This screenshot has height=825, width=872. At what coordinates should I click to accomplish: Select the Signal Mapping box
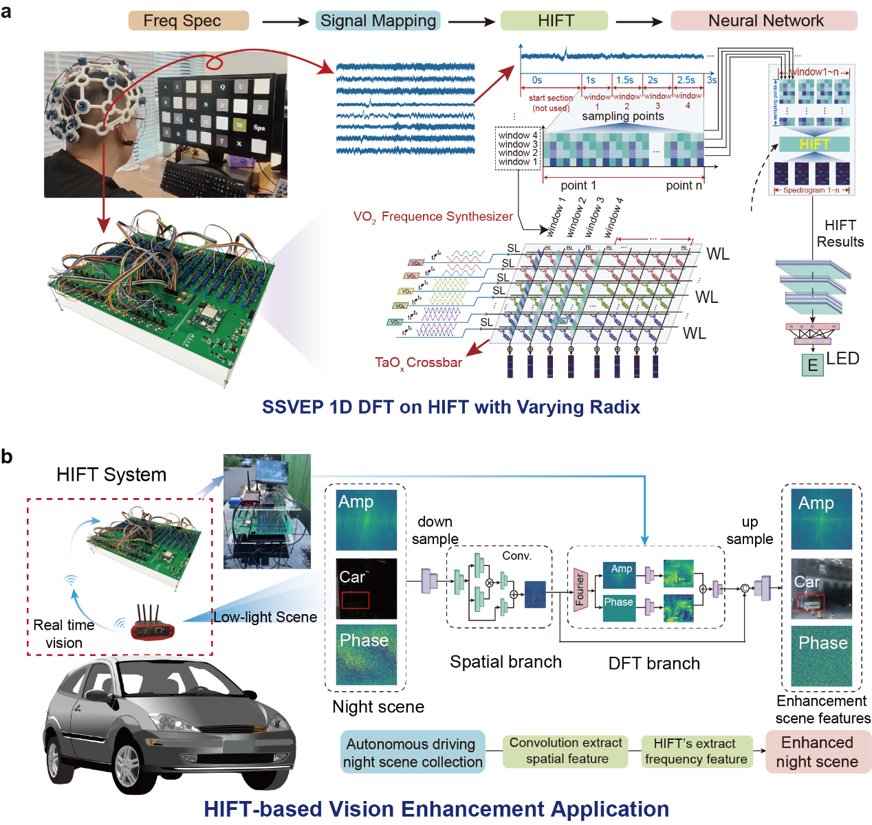point(378,21)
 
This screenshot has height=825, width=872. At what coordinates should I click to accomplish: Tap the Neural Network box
point(765,21)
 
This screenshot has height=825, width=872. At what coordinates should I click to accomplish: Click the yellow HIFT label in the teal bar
point(814,144)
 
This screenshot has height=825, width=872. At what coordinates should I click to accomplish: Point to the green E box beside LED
point(812,365)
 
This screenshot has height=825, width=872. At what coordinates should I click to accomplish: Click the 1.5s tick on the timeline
point(624,80)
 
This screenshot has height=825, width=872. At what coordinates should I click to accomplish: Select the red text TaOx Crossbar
point(418,363)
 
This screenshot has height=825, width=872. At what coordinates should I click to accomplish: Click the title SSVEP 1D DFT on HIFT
point(450,407)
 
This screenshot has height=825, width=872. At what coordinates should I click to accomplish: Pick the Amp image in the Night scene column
point(366,519)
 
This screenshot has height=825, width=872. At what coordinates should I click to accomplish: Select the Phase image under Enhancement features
point(821,655)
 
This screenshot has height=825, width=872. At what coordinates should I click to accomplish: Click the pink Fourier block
point(580,589)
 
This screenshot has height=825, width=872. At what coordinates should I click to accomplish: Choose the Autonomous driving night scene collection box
point(413,753)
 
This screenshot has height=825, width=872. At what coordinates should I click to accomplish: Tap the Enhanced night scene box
point(817,752)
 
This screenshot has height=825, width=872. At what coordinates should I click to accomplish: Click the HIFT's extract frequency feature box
point(695,751)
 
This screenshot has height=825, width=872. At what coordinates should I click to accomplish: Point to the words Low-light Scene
point(265,617)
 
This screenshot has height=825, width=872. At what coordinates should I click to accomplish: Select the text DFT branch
point(654,664)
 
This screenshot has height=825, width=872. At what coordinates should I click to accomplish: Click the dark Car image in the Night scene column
point(366,589)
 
